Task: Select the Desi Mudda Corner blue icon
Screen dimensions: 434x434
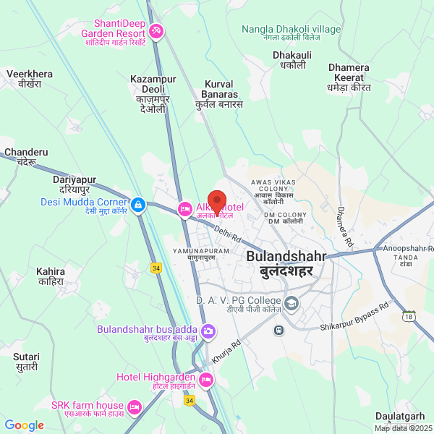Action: [137, 205]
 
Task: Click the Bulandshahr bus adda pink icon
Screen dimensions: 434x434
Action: [208, 332]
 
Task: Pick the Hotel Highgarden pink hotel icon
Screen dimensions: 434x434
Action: [206, 379]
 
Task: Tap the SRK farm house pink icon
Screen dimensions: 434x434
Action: [134, 407]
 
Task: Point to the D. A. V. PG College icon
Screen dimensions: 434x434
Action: [292, 302]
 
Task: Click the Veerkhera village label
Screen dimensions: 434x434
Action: [30, 79]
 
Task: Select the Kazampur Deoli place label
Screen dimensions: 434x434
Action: [148, 94]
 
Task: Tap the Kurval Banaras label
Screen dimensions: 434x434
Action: [220, 94]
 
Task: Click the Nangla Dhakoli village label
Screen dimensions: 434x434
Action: [291, 33]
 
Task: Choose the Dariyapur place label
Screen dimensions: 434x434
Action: [75, 184]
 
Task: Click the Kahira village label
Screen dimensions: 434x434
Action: [51, 276]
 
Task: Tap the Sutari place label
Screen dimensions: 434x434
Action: [26, 362]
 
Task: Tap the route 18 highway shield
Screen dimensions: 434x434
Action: [410, 316]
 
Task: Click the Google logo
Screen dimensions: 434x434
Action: [25, 425]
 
